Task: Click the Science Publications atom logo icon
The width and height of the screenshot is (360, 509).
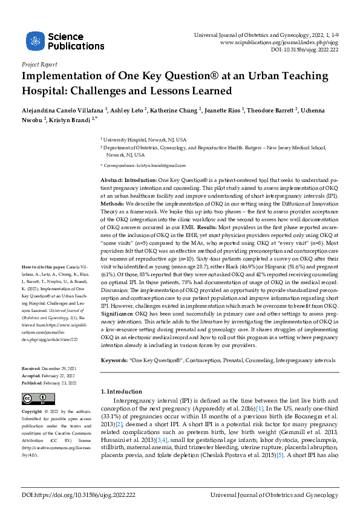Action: [x=35, y=41]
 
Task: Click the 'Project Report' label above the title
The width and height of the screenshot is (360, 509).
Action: [x=39, y=63]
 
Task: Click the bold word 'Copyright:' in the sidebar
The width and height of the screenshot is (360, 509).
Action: [x=36, y=411]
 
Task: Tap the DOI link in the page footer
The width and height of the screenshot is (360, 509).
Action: [x=79, y=494]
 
